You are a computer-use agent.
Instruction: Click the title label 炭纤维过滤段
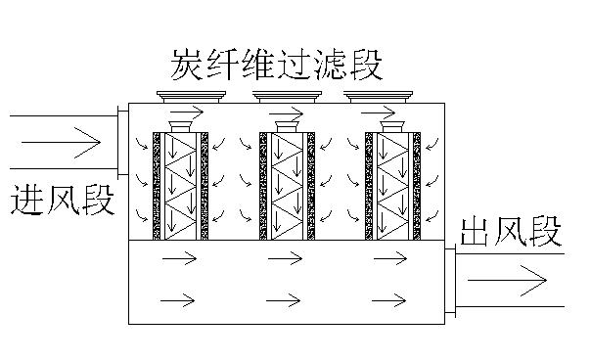(x=277, y=65)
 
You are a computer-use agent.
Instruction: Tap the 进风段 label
(x=63, y=200)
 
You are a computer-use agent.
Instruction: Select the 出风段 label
(x=511, y=231)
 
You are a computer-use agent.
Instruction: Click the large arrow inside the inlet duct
(x=61, y=143)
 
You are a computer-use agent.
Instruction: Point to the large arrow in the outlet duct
(x=507, y=280)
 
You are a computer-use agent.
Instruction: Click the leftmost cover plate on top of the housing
(x=191, y=97)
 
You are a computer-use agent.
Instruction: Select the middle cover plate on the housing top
(x=287, y=97)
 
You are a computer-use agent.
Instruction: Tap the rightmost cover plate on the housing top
(x=378, y=97)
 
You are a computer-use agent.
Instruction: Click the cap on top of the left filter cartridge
(x=181, y=126)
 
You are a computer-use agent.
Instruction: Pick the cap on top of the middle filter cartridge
(x=288, y=126)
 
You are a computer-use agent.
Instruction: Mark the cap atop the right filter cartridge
(x=392, y=126)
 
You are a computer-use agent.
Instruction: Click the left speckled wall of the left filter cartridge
(x=157, y=186)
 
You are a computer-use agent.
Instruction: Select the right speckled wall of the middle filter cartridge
(x=311, y=186)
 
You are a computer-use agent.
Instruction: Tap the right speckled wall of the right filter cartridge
(x=417, y=186)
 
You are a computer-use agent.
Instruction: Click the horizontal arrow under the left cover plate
(x=187, y=112)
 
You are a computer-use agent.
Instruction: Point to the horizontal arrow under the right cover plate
(x=378, y=112)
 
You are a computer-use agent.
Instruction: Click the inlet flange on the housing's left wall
(x=123, y=141)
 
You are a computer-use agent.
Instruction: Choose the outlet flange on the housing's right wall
(x=450, y=281)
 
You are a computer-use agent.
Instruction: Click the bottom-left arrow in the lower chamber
(x=177, y=300)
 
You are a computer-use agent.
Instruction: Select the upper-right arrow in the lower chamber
(x=390, y=258)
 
